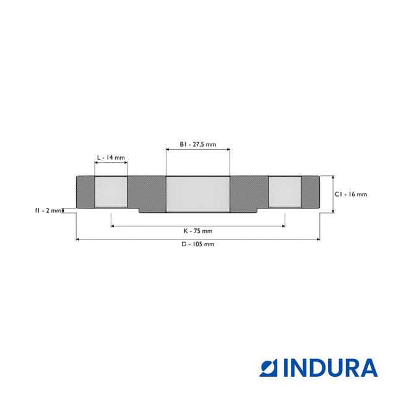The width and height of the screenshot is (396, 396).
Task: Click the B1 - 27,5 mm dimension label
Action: (x=198, y=144)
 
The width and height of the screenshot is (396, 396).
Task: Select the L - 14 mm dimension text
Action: (x=111, y=158)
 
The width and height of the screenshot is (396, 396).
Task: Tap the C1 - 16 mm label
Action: (x=351, y=194)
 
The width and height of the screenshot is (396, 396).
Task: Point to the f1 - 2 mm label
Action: (x=48, y=211)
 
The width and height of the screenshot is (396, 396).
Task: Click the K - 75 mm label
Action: (x=198, y=231)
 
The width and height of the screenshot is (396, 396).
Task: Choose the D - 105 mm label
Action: (x=198, y=244)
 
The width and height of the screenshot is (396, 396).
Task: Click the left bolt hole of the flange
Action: (x=111, y=192)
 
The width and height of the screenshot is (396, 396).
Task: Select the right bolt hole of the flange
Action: (x=285, y=192)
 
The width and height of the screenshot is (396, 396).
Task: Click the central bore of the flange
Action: (x=198, y=194)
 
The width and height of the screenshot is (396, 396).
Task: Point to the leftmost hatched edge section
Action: (x=85, y=192)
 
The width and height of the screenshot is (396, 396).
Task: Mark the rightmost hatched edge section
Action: (x=311, y=192)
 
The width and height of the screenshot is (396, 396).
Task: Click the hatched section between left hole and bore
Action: (x=147, y=193)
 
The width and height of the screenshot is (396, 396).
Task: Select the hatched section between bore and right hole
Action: (x=249, y=193)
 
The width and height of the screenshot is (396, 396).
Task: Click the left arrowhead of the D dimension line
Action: (x=78, y=239)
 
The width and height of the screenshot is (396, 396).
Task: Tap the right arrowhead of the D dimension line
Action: (x=318, y=239)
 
